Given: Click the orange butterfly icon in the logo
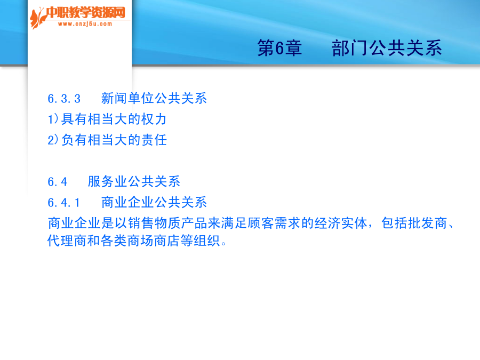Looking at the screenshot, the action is coord(38,18).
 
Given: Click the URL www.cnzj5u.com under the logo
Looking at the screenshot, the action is coord(85,24).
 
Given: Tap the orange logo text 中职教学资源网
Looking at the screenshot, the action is coord(86,13).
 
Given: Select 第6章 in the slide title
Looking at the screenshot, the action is coord(280,48).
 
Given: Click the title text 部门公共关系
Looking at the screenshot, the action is coord(387,48).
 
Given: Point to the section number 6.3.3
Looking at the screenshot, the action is coord(64,99).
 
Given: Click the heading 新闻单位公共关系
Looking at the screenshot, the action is coord(154,99).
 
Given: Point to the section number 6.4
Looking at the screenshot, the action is coord(57,182).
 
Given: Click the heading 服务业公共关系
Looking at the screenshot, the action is coord(134,181).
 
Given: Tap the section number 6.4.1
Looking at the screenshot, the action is coord(63,203).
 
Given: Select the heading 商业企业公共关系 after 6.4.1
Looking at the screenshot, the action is coord(154,202).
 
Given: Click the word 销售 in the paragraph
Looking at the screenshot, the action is coord(141,223).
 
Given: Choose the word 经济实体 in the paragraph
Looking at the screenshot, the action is coord(341,223).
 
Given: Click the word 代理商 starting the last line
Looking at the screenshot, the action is coord(67,241).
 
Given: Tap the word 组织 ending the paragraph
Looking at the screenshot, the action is coord(206,241).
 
